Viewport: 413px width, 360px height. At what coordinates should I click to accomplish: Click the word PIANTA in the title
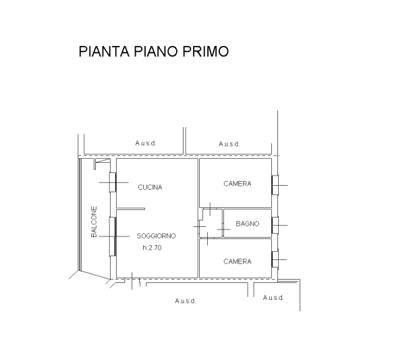pos(104,51)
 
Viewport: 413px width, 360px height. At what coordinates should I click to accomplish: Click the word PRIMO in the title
pos(206,51)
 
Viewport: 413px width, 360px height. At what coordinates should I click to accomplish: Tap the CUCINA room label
pos(150,187)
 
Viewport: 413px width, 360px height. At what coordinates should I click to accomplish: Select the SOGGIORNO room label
pos(156,236)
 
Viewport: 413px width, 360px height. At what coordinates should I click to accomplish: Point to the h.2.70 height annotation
pos(152,248)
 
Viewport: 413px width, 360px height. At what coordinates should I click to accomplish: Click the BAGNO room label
pos(248,224)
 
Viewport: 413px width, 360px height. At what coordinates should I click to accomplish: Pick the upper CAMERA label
pos(238,184)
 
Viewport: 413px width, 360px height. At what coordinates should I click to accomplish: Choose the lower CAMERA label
pos(238,261)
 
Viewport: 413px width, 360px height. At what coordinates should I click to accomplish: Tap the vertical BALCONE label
pos(94,222)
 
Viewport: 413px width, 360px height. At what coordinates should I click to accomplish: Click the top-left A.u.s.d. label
pos(146,143)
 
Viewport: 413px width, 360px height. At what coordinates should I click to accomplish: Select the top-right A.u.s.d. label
pos(229,144)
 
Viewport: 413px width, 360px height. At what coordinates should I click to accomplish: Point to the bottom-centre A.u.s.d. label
pos(186,301)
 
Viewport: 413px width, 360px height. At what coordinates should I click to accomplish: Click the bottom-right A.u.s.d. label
pos(273,298)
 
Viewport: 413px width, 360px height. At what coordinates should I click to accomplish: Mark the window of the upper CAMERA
pos(275,185)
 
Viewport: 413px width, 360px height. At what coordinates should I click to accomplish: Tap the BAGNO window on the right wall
pos(275,226)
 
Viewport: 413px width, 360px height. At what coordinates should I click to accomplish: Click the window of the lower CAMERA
pos(275,259)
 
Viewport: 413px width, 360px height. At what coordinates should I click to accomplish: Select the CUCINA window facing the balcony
pos(113,182)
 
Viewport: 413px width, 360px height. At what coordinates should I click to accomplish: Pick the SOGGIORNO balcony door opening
pos(113,236)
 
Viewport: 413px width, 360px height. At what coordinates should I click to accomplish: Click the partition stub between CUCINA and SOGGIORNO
pos(131,209)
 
